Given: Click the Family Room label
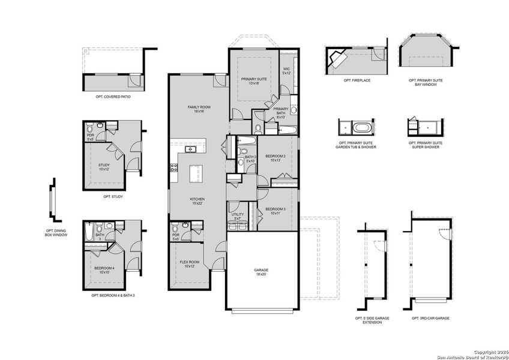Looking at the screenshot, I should coord(199,109).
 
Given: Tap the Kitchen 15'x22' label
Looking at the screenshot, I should coord(197,201).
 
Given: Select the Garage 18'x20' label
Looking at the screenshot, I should coord(261,272).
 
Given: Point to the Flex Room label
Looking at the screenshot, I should coord(190,264).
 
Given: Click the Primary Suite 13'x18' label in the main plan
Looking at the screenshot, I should coord(254,81).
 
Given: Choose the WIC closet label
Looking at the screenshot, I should coord(286,71).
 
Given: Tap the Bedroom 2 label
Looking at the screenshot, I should coord(276,158).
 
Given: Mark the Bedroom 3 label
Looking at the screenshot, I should coord(276,211).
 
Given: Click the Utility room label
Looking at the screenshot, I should coord(237,217).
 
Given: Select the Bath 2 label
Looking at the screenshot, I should coord(250,159).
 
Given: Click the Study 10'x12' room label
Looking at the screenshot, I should coord(104,167).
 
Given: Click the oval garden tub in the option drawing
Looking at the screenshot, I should coord(360,128).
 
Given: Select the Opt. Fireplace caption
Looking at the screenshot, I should coord(357,80).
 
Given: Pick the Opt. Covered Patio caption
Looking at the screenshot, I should coord(113,96).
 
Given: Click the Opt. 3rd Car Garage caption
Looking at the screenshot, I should coord(430,318).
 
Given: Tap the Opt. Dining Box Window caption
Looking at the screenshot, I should coord(56,233).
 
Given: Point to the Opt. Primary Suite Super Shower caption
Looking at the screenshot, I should coord(425,145).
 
